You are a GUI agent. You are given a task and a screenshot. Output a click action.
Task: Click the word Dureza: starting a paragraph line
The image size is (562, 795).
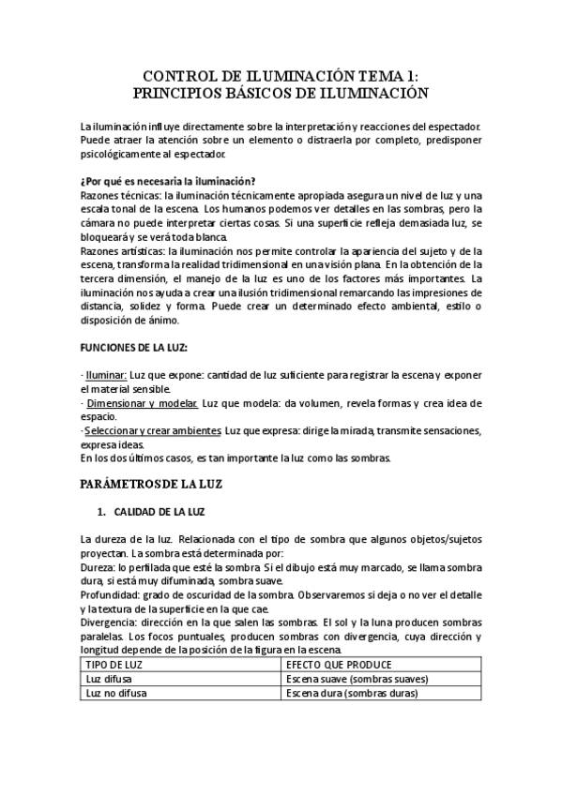pos(98,568)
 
